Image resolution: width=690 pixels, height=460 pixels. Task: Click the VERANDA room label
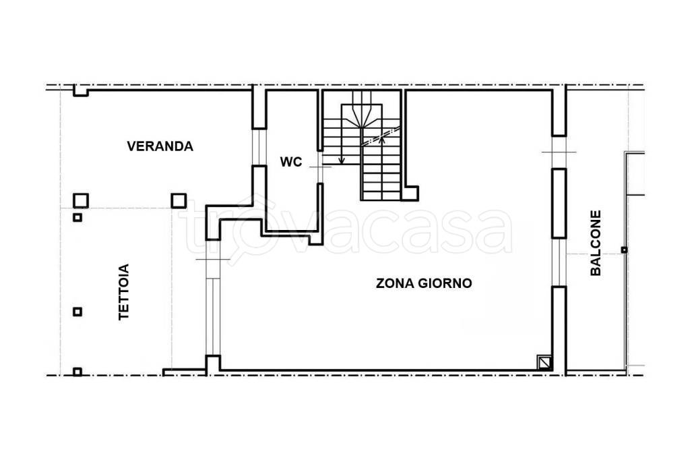tap(160, 146)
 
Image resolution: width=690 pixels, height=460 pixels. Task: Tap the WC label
tap(291, 162)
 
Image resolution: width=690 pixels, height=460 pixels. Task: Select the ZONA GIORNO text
tap(423, 283)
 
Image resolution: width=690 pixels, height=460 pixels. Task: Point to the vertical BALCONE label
tap(596, 243)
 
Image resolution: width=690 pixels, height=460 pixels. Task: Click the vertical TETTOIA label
tap(124, 291)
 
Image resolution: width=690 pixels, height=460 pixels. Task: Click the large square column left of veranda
tap(81, 200)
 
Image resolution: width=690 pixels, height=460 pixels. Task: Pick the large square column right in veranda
tap(179, 200)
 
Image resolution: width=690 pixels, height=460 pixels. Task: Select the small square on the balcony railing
tap(625, 250)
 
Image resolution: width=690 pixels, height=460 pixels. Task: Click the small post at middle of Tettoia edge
tap(77, 312)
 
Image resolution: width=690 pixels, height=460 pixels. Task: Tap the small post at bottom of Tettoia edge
tap(77, 371)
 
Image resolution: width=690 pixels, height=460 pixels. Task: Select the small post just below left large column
tap(77, 217)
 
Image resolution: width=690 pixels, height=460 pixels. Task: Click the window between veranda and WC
tap(257, 146)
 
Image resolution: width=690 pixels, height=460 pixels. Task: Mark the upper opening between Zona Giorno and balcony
tap(559, 152)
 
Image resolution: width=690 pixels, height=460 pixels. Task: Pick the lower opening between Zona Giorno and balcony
tap(559, 262)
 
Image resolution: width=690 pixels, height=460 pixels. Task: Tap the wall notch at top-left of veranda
tap(80, 92)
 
